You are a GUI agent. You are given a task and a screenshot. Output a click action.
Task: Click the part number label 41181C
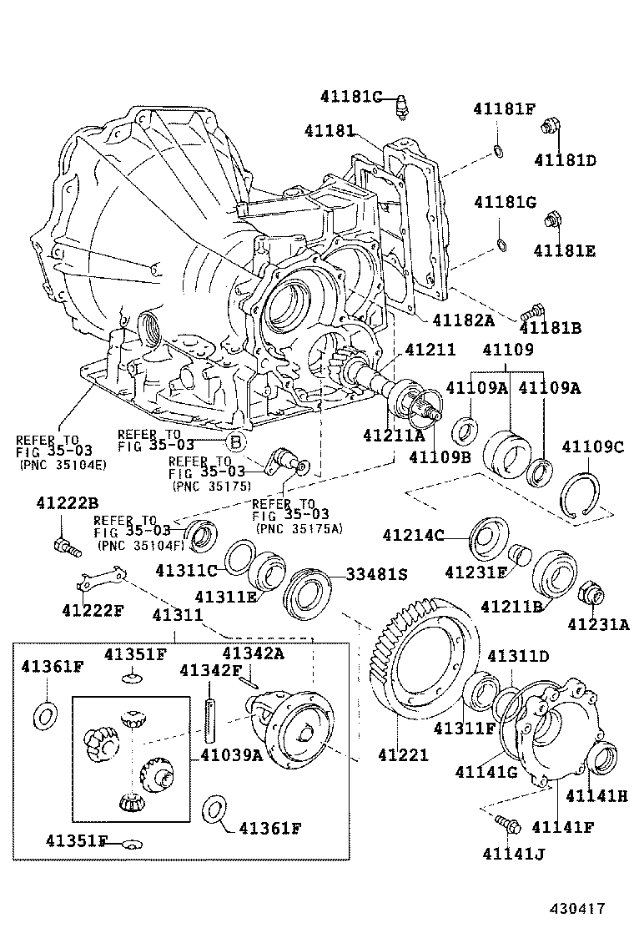tap(350, 97)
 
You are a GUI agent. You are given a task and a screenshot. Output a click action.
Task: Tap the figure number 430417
tap(576, 908)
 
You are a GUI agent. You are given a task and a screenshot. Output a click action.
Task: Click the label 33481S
tap(378, 574)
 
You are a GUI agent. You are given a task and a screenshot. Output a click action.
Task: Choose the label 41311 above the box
tap(177, 616)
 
